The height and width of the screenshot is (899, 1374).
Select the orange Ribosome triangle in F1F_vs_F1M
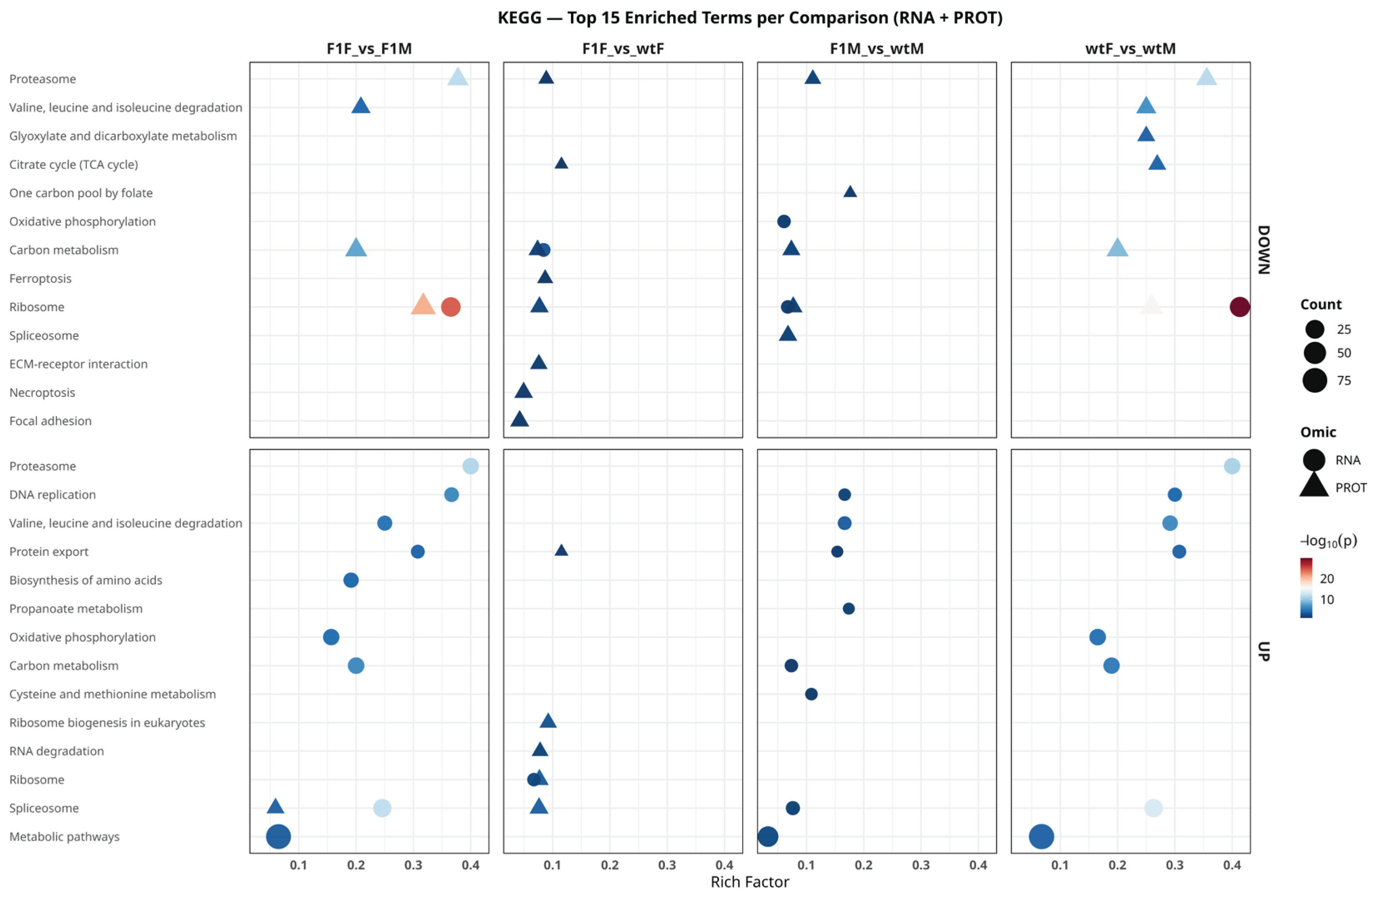[x=423, y=305]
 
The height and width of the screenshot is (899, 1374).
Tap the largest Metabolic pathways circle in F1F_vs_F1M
[x=278, y=836]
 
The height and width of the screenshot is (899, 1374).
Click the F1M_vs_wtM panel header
[x=876, y=49]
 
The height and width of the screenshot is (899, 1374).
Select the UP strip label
[x=1264, y=651]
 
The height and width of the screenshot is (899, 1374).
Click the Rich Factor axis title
[x=749, y=882]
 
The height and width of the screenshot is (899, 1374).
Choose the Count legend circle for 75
[x=1314, y=380]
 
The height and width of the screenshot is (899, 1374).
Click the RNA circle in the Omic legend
[x=1314, y=460]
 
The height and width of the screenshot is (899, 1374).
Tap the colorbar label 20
[x=1327, y=579]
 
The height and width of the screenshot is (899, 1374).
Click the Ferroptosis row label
[x=40, y=279]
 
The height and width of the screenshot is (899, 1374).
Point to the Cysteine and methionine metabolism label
[x=113, y=694]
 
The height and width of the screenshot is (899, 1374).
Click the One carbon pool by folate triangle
[x=850, y=191]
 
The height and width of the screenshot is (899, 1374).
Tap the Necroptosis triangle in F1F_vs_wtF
[x=523, y=391]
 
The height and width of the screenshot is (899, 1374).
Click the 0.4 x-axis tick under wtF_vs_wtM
[x=1232, y=865]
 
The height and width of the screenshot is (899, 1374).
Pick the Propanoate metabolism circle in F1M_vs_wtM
[x=848, y=609]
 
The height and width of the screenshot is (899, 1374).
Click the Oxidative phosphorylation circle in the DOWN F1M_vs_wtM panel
[x=784, y=222]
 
